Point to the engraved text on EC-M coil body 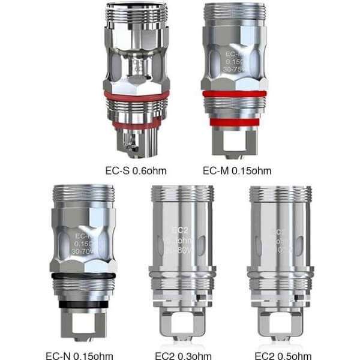(x=234, y=60)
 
